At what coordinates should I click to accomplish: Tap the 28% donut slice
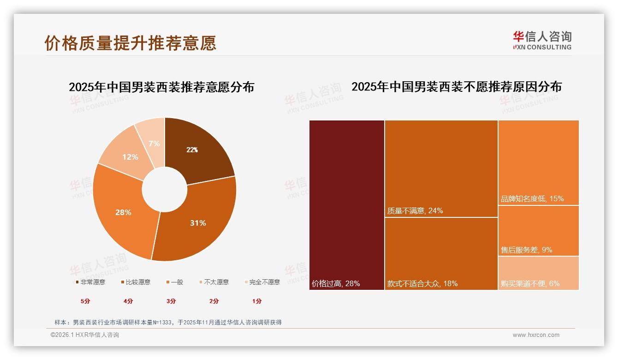(122, 212)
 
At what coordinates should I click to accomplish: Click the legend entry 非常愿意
(90, 282)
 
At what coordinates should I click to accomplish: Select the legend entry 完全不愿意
(262, 282)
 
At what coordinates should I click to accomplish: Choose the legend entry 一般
(174, 282)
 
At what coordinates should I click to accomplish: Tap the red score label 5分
(85, 301)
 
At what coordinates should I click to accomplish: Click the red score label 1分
(257, 301)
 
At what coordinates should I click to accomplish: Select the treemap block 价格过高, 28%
(347, 205)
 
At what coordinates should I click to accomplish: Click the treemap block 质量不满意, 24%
(441, 168)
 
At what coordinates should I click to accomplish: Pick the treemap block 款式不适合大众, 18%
(441, 253)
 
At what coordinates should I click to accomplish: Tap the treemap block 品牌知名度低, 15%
(538, 162)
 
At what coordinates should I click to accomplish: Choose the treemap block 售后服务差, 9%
(538, 230)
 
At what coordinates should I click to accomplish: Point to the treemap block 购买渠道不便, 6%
(538, 273)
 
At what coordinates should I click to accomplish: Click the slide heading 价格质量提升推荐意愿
(131, 43)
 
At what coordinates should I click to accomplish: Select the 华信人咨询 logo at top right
(542, 40)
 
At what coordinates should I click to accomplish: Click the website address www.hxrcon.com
(536, 335)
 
